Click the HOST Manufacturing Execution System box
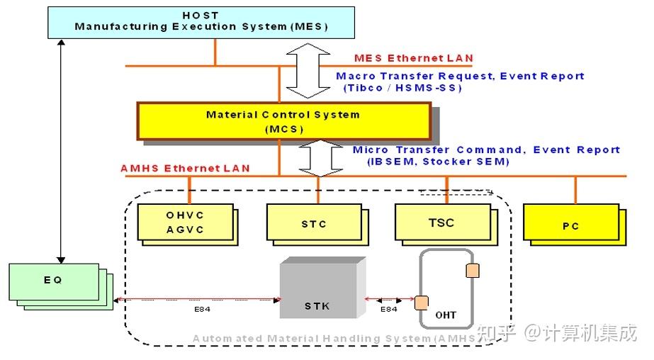click(201, 23)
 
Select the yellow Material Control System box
click(283, 121)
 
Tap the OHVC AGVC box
click(185, 222)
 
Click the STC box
click(314, 222)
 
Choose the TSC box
click(443, 222)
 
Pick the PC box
click(571, 222)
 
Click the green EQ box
click(54, 281)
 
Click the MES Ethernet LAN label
click(413, 58)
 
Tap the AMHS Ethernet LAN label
click(185, 168)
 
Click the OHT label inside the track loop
click(446, 315)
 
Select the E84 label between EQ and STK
click(202, 309)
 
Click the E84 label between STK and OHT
click(388, 309)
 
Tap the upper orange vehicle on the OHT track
click(473, 271)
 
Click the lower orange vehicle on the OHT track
click(422, 303)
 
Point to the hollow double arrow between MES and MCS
click(308, 70)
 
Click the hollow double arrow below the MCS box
click(321, 158)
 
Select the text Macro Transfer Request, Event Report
click(460, 77)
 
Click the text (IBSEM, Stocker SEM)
click(438, 162)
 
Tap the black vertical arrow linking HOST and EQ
click(62, 152)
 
